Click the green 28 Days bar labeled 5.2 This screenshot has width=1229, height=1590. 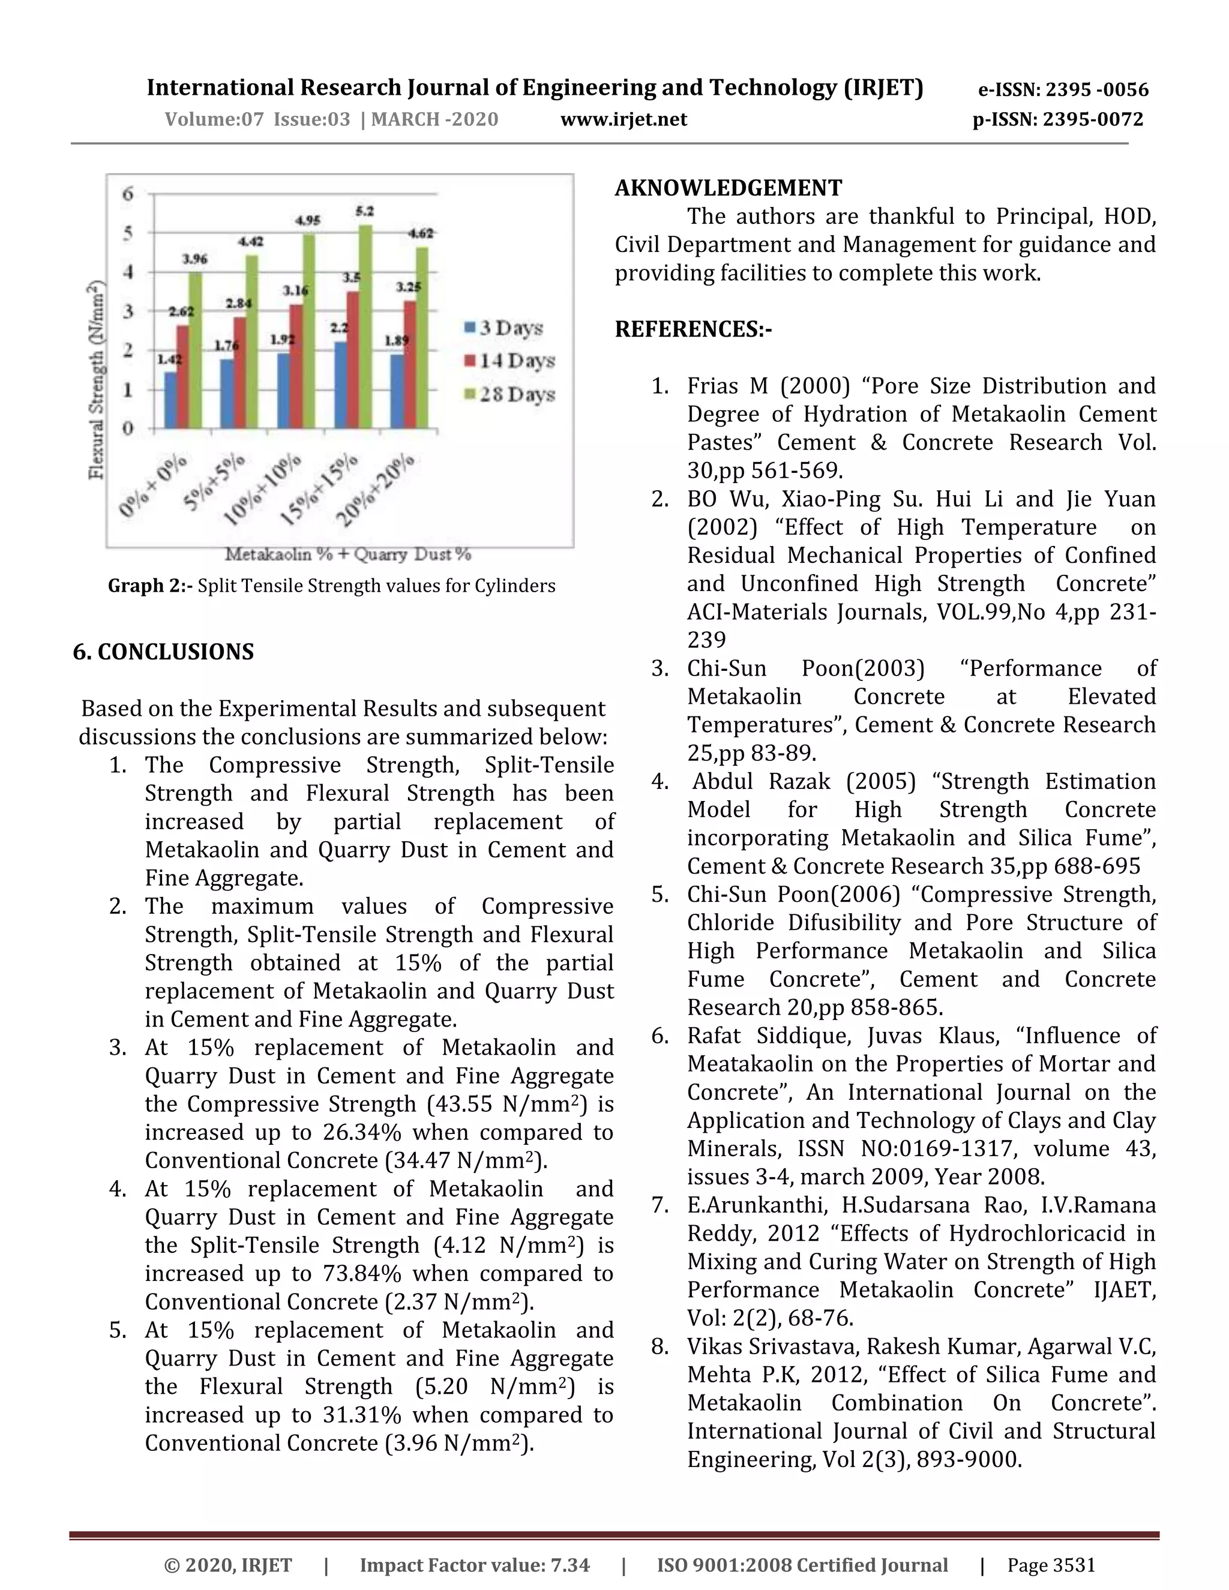365,328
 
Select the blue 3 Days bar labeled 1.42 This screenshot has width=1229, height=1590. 170,400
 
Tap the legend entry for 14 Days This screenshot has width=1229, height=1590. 509,361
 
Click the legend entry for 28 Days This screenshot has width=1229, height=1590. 509,395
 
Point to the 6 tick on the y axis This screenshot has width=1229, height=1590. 128,194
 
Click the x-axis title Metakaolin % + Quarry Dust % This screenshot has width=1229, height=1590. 348,555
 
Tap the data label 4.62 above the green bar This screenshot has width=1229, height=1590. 420,233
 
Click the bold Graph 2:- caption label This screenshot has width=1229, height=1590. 151,586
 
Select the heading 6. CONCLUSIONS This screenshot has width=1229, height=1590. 163,652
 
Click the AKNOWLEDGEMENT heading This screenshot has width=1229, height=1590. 728,188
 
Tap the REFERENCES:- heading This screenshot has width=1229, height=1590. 693,329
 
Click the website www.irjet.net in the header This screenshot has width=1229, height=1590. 624,119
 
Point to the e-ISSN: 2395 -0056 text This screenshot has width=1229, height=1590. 1062,89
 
